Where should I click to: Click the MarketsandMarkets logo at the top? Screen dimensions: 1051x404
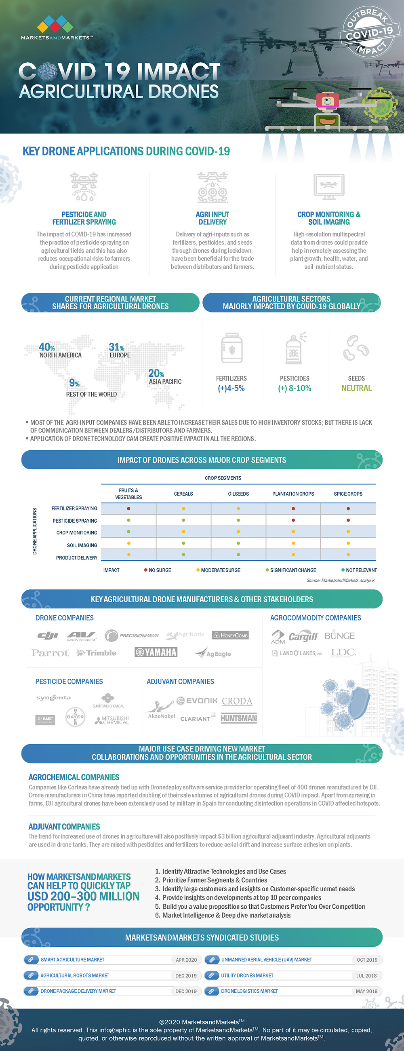[x=56, y=28]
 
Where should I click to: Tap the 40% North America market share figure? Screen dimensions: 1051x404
[x=46, y=347]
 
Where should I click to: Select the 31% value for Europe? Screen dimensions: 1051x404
[x=116, y=347]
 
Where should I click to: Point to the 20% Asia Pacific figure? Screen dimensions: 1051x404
[x=156, y=374]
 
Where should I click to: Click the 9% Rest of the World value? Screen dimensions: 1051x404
[x=74, y=383]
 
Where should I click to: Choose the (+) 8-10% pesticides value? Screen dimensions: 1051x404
[x=295, y=388]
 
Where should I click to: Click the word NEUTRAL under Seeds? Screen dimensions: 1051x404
[x=356, y=388]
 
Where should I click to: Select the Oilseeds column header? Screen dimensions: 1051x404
[x=238, y=494]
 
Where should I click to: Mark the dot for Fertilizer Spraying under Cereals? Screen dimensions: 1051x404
[x=183, y=509]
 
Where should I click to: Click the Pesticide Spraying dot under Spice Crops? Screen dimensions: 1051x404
[x=348, y=521]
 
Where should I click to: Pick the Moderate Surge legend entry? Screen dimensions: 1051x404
[x=219, y=570]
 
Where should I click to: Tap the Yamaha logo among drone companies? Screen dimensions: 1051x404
[x=156, y=652]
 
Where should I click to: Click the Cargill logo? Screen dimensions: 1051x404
[x=303, y=637]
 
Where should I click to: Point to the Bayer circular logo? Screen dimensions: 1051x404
[x=76, y=717]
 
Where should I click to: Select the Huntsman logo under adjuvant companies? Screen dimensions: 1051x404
[x=238, y=718]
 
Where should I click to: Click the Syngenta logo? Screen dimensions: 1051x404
[x=53, y=698]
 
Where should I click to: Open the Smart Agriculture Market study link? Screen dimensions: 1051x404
[x=73, y=960]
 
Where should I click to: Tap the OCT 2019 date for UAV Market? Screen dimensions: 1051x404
[x=367, y=960]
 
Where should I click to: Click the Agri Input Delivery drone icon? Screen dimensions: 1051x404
[x=213, y=188]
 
